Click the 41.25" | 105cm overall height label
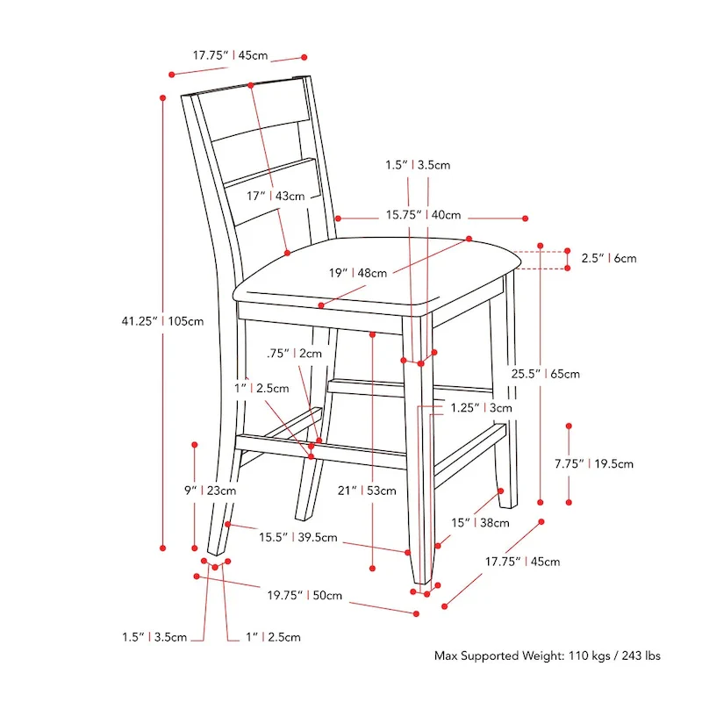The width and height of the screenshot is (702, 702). tap(162, 321)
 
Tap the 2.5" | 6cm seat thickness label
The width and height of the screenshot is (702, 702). tap(609, 258)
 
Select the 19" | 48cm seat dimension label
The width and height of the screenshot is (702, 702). tap(358, 273)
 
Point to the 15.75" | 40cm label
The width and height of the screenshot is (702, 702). tap(424, 215)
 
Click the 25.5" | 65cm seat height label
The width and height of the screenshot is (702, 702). tap(545, 374)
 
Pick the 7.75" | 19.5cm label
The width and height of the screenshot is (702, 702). tap(594, 464)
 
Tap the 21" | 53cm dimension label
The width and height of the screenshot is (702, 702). tap(367, 491)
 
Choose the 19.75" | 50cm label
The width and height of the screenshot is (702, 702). tap(304, 596)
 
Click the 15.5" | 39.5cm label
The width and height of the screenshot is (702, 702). tap(297, 537)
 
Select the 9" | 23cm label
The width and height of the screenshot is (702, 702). tap(210, 491)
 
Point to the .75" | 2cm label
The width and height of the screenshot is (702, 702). tap(294, 354)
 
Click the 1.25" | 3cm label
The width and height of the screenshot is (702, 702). tap(481, 408)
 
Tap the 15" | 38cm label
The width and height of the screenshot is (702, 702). tap(480, 523)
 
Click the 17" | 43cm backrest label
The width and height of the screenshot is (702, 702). tap(276, 196)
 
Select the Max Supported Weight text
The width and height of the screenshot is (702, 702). tap(499, 655)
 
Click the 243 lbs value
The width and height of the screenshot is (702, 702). tap(641, 655)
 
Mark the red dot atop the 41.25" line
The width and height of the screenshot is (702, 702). tap(162, 97)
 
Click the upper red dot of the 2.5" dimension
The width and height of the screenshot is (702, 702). tap(567, 251)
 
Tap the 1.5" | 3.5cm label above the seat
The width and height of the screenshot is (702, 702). tap(418, 165)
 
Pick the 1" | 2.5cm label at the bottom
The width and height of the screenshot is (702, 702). tap(273, 637)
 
